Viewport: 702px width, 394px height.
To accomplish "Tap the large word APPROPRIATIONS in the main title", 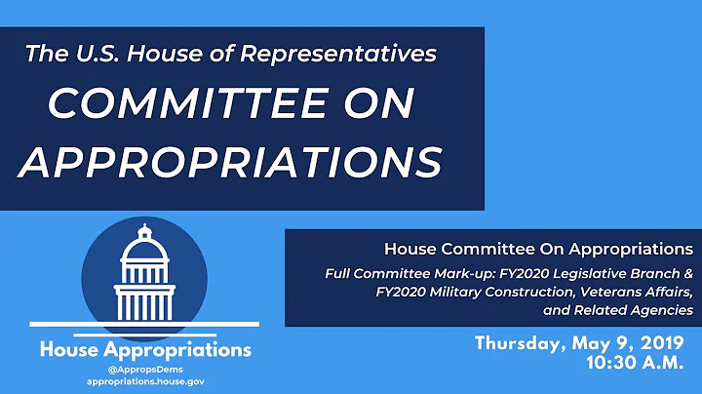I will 230,161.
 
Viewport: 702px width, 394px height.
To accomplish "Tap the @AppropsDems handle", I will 143,371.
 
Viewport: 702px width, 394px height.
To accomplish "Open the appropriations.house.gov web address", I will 143,383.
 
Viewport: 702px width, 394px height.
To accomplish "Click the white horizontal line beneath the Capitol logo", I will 143,323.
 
